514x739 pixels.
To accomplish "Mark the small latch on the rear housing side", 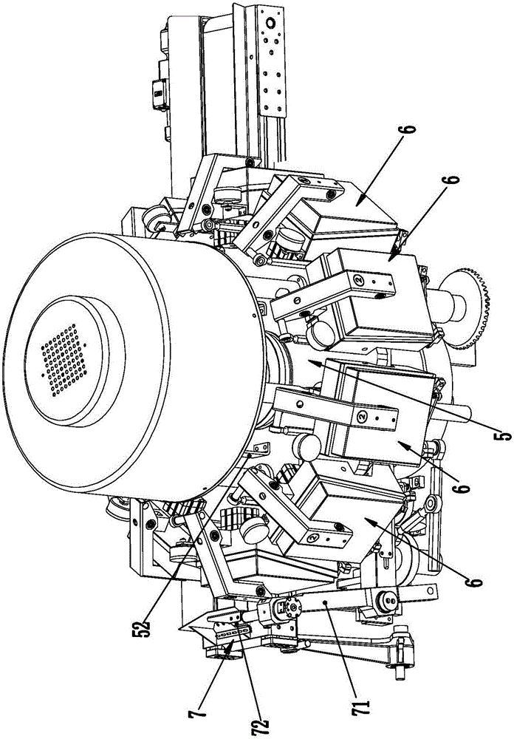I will [x=157, y=92].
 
